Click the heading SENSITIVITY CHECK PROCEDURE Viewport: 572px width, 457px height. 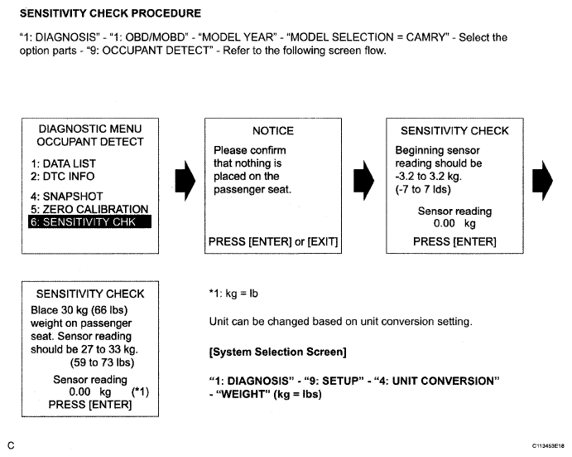[110, 14]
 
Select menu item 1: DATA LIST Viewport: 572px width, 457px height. [62, 163]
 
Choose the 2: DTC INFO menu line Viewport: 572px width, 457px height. [62, 176]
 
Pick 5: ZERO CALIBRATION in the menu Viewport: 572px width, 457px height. [89, 209]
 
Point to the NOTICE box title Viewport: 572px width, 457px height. [272, 130]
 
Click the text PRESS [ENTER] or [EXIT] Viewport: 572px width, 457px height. [272, 241]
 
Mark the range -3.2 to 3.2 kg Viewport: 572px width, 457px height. [439, 176]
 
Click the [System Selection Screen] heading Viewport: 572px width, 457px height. [277, 352]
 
